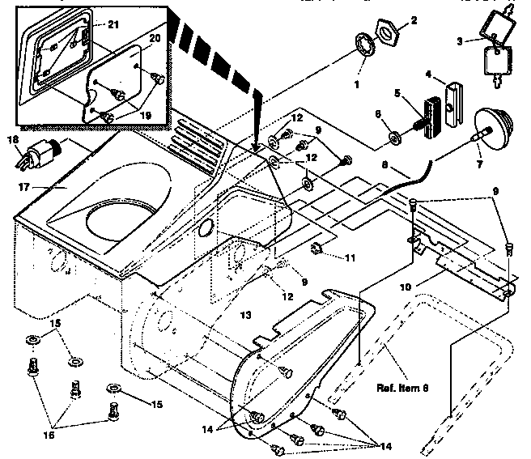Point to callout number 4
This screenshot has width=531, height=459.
[x=430, y=78]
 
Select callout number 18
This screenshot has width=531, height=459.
[x=14, y=139]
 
